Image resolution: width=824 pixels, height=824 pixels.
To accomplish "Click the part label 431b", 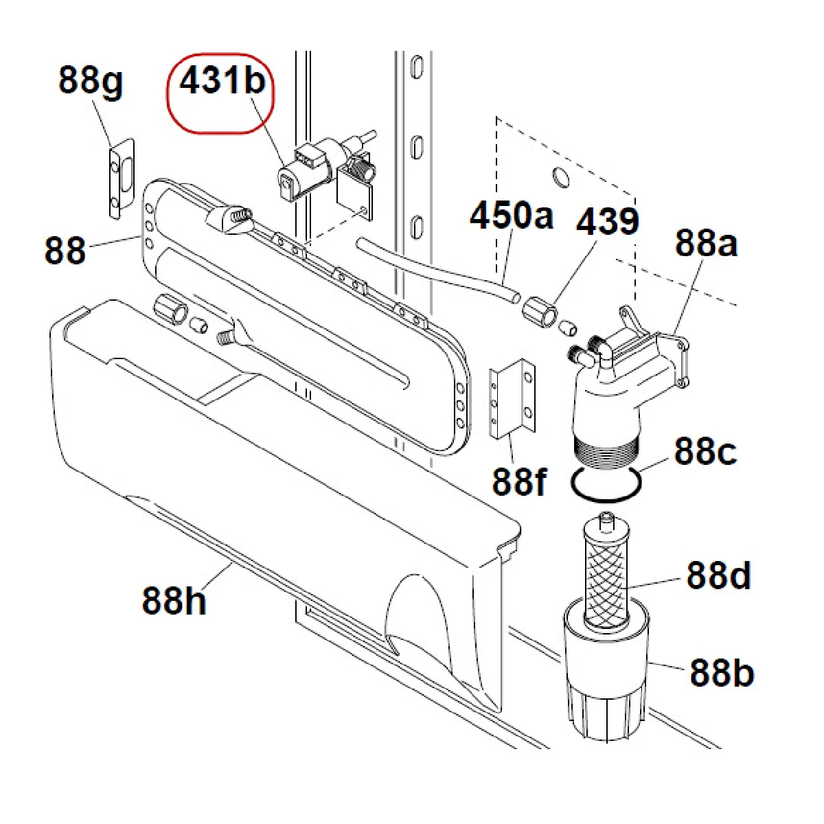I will click(x=222, y=81).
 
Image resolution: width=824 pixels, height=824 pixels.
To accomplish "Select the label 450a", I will click(x=511, y=215).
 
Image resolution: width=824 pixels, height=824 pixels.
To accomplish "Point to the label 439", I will click(x=607, y=222).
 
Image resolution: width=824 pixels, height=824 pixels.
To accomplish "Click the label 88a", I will click(x=705, y=243).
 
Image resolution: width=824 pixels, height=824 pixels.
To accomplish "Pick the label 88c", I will click(x=705, y=451).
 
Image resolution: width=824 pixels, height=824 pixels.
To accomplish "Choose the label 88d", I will click(x=718, y=575).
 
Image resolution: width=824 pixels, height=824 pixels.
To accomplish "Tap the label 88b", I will click(x=721, y=673).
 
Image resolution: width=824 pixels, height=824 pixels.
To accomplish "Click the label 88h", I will click(x=174, y=600).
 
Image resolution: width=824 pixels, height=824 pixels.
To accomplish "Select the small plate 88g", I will click(x=122, y=177).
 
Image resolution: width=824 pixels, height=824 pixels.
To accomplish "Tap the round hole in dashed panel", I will click(x=560, y=177).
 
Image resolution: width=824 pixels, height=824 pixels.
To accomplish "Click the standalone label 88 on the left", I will click(x=65, y=250).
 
